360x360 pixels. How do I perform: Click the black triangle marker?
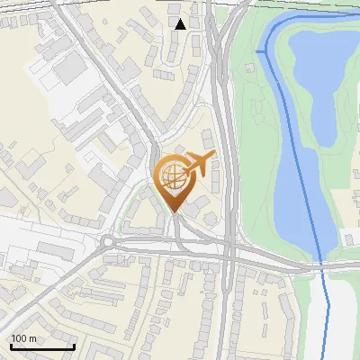(180, 24)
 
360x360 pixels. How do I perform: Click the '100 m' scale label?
(24, 338)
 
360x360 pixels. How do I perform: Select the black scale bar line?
(41, 347)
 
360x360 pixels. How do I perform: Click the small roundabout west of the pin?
(109, 240)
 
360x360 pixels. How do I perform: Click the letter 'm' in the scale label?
(34, 338)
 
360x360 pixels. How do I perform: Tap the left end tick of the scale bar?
(11, 346)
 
